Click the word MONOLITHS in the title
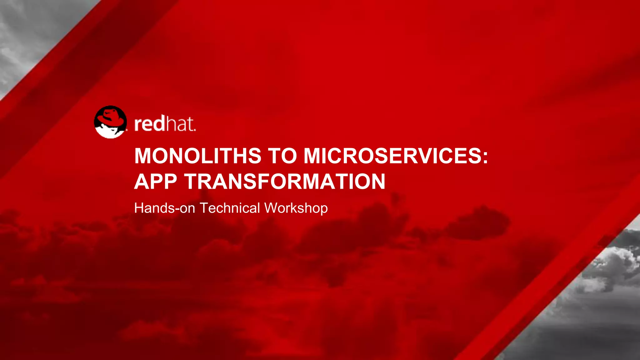pyautogui.click(x=197, y=156)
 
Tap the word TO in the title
pyautogui.click(x=282, y=156)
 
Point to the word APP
pyautogui.click(x=155, y=182)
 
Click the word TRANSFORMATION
pyautogui.click(x=285, y=182)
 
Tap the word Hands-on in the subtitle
pyautogui.click(x=164, y=208)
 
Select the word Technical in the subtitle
pyautogui.click(x=230, y=208)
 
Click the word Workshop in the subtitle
pyautogui.click(x=296, y=208)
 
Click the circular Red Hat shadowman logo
pyautogui.click(x=110, y=122)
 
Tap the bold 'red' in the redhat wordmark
pyautogui.click(x=149, y=124)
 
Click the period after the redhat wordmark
pyautogui.click(x=195, y=130)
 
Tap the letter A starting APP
pyautogui.click(x=141, y=182)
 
